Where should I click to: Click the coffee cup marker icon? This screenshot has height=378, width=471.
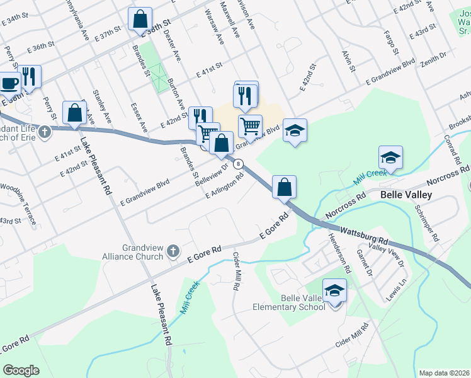pyautogui.click(x=8, y=83)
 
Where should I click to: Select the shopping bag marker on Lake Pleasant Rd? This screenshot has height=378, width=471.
pyautogui.click(x=75, y=113)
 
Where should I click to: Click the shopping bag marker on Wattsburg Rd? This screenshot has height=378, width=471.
pyautogui.click(x=285, y=186)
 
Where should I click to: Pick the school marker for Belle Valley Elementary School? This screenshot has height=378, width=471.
pyautogui.click(x=335, y=291)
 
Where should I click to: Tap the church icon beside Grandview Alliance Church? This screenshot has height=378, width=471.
pyautogui.click(x=173, y=253)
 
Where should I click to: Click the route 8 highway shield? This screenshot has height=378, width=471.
pyautogui.click(x=238, y=164)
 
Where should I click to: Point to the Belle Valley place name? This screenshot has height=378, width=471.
pyautogui.click(x=406, y=195)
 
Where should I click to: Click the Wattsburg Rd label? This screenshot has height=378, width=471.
pyautogui.click(x=366, y=236)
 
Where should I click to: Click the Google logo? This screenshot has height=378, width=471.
pyautogui.click(x=21, y=370)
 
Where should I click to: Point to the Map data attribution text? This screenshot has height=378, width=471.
pyautogui.click(x=443, y=373)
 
